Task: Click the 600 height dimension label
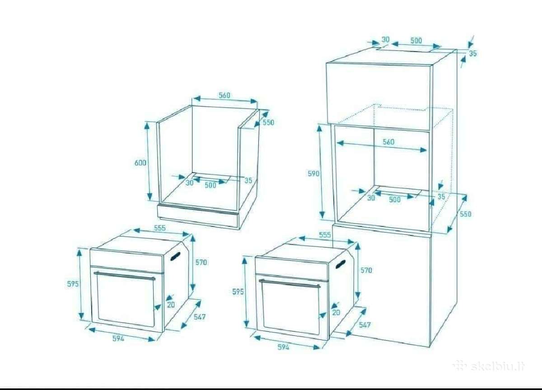[x=140, y=163]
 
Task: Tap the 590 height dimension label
[x=313, y=174]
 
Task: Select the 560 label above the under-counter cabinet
[x=224, y=95]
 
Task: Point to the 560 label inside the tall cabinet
[x=388, y=142]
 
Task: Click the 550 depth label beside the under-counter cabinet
[x=269, y=122]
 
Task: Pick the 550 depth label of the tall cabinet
[x=466, y=214]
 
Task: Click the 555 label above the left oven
[x=160, y=228]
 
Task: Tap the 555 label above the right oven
[x=325, y=235]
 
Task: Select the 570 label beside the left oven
[x=201, y=263]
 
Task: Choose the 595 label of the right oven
[x=238, y=292]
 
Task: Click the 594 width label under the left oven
[x=118, y=338]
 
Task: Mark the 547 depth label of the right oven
[x=364, y=325]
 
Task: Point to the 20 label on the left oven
[x=171, y=305]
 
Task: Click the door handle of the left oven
[x=125, y=276]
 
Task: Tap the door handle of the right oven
[x=290, y=283]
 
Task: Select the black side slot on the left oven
[x=175, y=256]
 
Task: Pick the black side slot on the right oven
[x=341, y=264]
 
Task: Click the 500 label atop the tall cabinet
[x=416, y=40]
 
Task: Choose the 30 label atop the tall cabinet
[x=385, y=39]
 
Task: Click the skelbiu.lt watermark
[x=489, y=367]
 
